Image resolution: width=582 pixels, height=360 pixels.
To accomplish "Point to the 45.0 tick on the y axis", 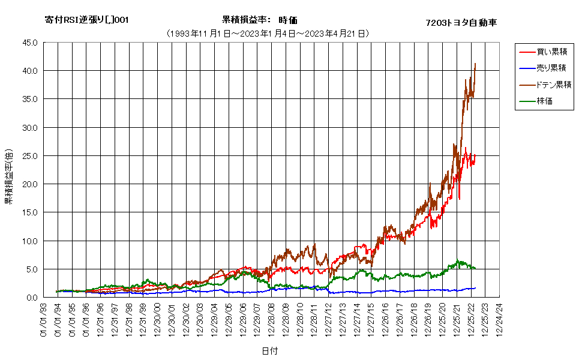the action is tap(30, 43).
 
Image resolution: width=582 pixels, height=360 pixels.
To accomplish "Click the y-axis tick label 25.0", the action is tap(30, 156).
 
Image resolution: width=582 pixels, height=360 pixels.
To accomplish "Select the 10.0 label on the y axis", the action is tap(30, 241).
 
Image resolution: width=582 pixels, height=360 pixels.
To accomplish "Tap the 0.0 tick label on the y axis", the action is tap(32, 297).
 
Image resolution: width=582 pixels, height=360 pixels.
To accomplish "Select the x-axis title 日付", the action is tap(270, 351).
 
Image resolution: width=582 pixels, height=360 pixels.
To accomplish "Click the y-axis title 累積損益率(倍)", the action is tap(9, 176).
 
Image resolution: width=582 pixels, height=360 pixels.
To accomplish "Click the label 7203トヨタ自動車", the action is tap(461, 23).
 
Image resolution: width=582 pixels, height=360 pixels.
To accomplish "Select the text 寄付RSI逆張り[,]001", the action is tap(86, 20).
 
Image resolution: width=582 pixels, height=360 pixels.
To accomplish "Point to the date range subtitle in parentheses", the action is tap(268, 34).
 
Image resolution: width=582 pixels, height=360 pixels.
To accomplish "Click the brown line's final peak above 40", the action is tap(475, 64).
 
